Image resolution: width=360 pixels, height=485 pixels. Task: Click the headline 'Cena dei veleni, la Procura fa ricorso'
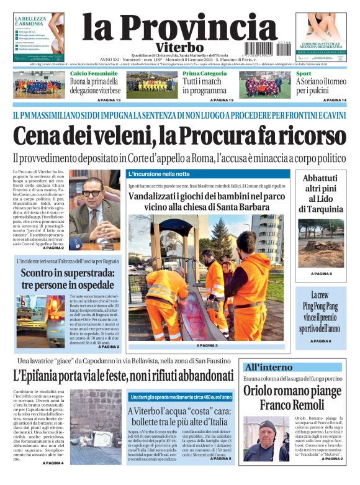coord(179,135)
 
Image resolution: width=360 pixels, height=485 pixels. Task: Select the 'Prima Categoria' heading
coord(204,73)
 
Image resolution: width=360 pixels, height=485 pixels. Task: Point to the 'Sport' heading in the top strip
coord(304,73)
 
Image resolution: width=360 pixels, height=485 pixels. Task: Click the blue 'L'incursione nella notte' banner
coord(159,174)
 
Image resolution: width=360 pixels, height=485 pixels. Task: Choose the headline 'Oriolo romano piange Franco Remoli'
coord(292,397)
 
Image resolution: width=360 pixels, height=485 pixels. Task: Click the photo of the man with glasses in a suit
coord(94,206)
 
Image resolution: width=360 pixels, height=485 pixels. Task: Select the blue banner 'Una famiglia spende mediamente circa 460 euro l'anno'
coord(181,397)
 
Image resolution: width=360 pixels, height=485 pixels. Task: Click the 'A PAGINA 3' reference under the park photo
coord(207,345)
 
